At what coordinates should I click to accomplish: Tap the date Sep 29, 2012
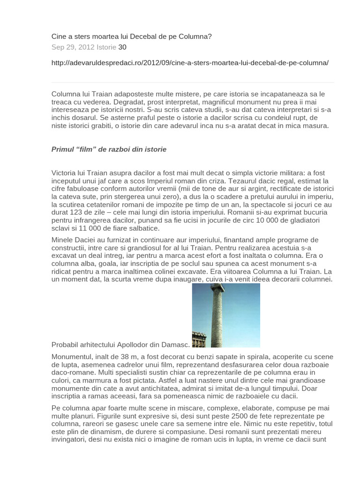[73, 47]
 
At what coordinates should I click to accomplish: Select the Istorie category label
[106, 47]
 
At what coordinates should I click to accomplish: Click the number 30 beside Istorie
[122, 47]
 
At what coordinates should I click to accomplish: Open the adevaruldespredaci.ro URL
[190, 63]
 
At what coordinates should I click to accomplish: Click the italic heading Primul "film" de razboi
[109, 150]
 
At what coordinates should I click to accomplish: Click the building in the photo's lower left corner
[199, 339]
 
